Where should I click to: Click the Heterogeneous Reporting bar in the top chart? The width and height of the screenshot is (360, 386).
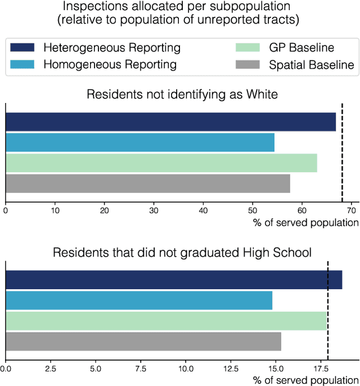click(x=170, y=122)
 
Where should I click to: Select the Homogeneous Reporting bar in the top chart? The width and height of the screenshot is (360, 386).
click(x=140, y=142)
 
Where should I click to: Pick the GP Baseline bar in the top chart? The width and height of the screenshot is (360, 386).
click(x=161, y=163)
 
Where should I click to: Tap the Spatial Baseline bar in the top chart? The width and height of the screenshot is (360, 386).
click(x=148, y=184)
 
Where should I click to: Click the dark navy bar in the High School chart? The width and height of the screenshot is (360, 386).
click(x=174, y=280)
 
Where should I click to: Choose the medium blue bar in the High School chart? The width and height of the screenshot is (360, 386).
click(x=139, y=300)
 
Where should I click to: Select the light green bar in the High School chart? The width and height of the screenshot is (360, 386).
click(x=166, y=321)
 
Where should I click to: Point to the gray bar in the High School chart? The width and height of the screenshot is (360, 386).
click(x=143, y=342)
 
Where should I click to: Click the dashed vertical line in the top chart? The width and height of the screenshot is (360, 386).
click(x=343, y=152)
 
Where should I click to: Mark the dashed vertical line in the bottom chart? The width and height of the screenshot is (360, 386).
click(x=328, y=309)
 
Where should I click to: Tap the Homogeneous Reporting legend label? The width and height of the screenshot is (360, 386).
click(x=110, y=65)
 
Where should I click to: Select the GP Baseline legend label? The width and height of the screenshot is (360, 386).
click(x=301, y=48)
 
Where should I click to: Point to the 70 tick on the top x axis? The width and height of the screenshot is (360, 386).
click(x=351, y=210)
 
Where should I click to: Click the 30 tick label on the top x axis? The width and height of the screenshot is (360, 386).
click(x=154, y=210)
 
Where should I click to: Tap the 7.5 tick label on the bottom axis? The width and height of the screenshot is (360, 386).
click(x=140, y=369)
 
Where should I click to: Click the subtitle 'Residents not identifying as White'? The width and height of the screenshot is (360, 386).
click(x=182, y=94)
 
